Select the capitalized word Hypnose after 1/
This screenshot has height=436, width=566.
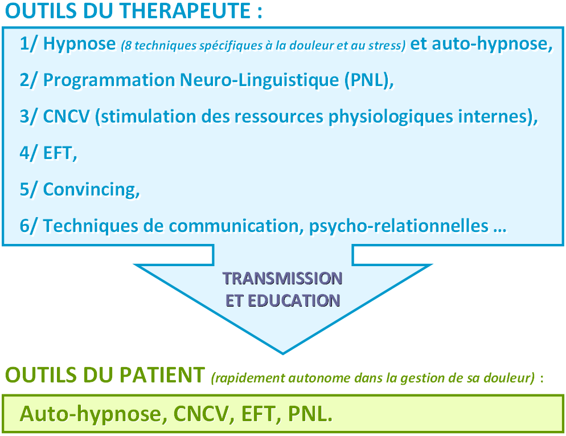(79, 44)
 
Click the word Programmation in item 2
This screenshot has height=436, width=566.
(109, 80)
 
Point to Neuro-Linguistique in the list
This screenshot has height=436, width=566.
(260, 80)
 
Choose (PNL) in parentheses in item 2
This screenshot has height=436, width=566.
(366, 80)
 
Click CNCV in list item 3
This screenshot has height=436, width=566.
(67, 116)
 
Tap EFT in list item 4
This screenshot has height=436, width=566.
(58, 153)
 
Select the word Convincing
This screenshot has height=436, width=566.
(89, 190)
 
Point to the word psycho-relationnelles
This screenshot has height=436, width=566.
(399, 226)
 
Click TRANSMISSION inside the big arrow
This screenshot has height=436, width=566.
(282, 279)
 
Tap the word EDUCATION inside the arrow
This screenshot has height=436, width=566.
(294, 300)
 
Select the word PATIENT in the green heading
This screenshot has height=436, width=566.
(162, 374)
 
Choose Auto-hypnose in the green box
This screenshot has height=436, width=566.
(91, 414)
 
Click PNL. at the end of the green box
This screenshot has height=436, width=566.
(310, 414)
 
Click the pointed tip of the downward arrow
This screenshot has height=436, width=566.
(283, 353)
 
